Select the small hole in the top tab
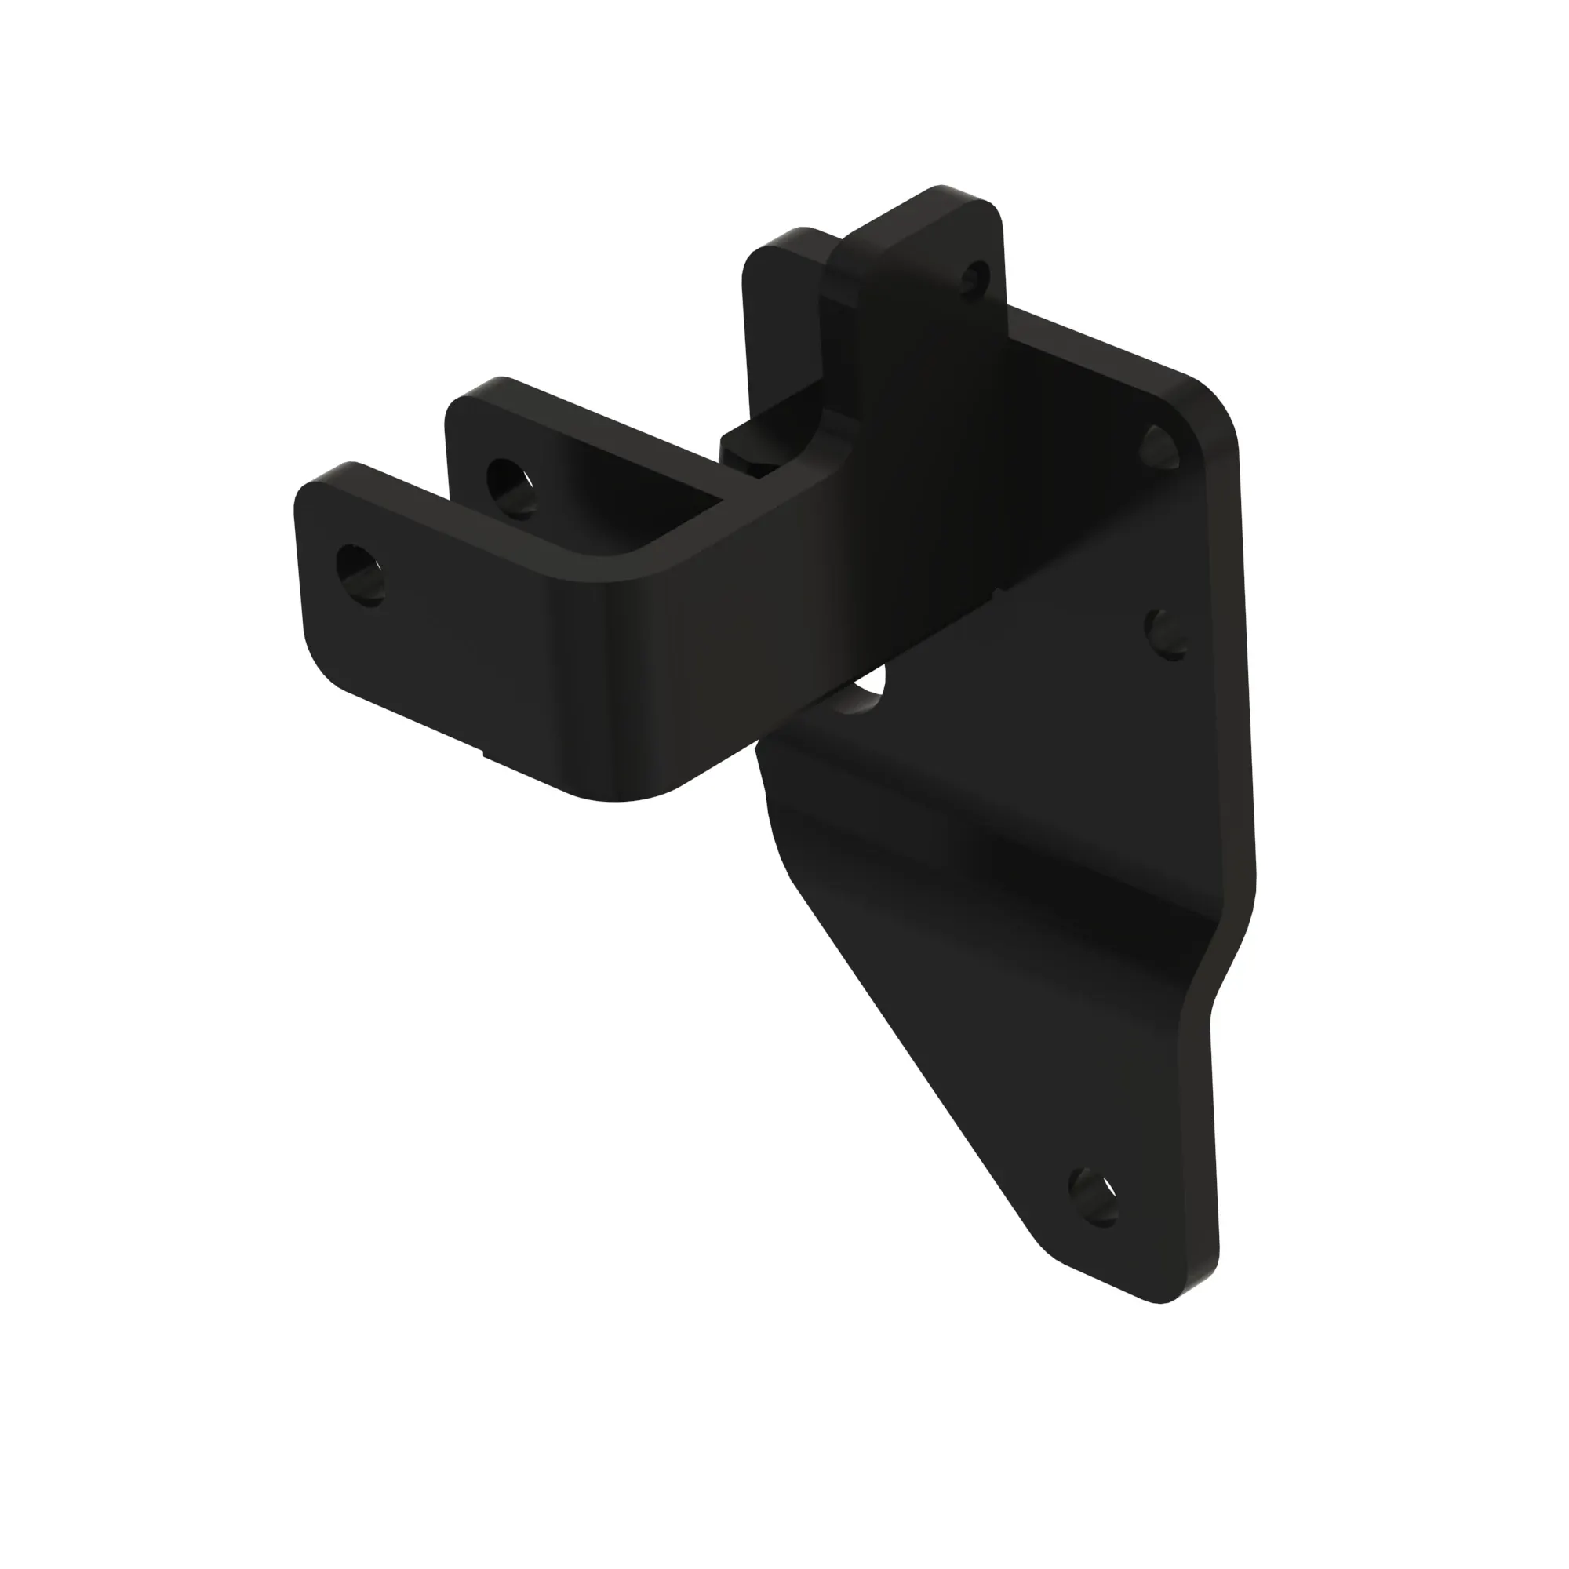(x=976, y=278)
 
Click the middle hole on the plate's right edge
(x=1167, y=632)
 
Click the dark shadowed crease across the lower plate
(x=1015, y=894)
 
